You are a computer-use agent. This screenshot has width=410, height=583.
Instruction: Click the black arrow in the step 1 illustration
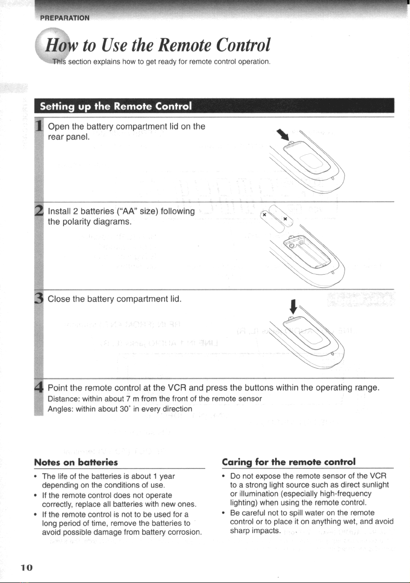pyautogui.click(x=282, y=135)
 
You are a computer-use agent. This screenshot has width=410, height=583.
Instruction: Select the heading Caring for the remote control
pyautogui.click(x=290, y=462)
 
